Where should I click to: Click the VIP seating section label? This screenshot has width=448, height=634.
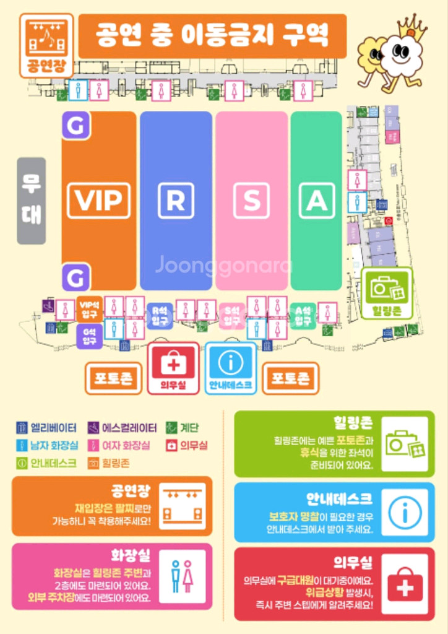coord(98,200)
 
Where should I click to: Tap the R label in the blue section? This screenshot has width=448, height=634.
coord(176,200)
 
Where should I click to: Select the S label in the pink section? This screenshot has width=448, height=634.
coord(251,200)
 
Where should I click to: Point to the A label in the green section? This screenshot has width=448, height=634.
coord(316,200)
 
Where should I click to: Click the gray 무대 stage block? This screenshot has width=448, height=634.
coord(31,201)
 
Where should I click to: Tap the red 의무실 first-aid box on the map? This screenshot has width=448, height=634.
coord(173,368)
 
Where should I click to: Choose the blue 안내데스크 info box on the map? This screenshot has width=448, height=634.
coord(230,368)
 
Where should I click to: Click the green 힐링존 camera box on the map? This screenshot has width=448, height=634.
coord(387,293)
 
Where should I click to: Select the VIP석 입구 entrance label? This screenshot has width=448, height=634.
coord(90,308)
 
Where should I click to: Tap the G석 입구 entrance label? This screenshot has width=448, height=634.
coord(89,337)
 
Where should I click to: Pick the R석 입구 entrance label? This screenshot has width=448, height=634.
coord(160,316)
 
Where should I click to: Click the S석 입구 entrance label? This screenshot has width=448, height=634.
coord(232,316)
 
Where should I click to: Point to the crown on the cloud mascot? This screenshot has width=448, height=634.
coord(412,26)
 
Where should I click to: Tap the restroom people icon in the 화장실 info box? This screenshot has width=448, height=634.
coord(182,576)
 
